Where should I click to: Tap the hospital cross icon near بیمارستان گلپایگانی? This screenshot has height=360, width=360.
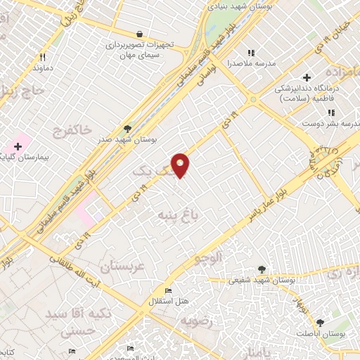point(18,146)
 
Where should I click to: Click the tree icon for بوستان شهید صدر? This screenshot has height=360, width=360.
point(127,129)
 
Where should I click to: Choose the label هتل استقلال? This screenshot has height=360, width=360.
point(169,301)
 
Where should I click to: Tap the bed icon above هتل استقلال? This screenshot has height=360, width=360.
point(168,290)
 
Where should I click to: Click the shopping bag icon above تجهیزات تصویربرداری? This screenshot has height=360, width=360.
point(139,33)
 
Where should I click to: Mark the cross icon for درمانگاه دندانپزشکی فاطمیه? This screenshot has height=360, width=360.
point(306,77)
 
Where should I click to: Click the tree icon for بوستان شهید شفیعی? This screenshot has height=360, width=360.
point(262,269)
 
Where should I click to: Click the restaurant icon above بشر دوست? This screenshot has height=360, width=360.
point(330,112)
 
